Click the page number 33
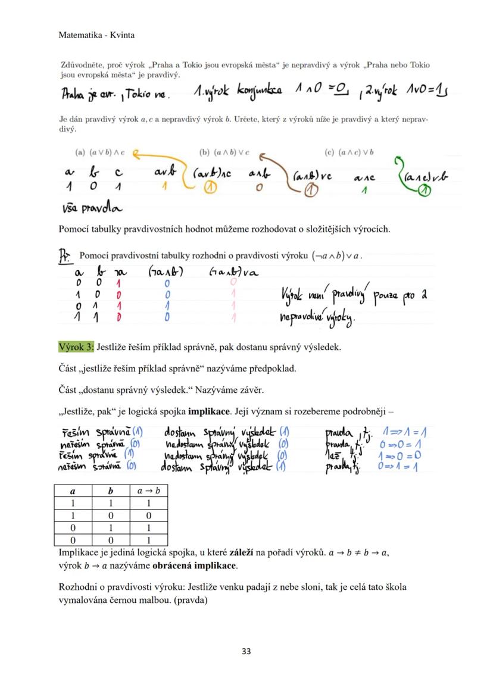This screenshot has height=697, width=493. pos(246,651)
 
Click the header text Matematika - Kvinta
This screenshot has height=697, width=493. pos(96,35)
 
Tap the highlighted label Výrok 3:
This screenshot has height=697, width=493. pos(76,347)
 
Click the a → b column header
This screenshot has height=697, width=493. pos(148,491)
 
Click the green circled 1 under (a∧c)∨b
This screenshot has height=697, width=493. pos(423,190)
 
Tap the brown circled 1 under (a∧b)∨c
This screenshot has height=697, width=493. pos(310,190)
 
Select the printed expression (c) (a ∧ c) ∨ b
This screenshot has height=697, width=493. pos(349,152)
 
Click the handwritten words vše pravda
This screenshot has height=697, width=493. pos(92,208)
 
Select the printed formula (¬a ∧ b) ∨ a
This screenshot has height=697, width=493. pos(336,257)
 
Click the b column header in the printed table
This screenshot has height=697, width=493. pos(111,491)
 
